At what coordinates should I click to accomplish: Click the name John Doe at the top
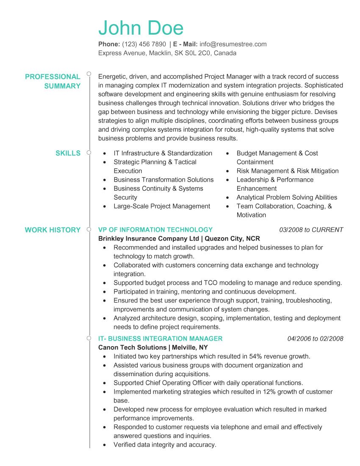(x=141, y=28)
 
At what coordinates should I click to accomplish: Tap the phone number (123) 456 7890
(x=144, y=44)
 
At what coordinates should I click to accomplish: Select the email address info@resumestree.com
(x=233, y=44)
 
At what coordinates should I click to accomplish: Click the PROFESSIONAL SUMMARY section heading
(x=53, y=81)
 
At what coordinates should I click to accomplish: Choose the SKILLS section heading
(x=68, y=153)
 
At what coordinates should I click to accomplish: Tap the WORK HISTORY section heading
(x=53, y=230)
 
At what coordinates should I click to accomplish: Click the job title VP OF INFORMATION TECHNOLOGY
(x=155, y=230)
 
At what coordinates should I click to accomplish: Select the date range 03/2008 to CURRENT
(x=311, y=230)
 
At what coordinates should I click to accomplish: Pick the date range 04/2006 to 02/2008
(x=315, y=339)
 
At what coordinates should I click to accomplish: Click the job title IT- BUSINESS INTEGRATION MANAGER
(x=160, y=339)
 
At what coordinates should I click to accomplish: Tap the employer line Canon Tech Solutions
(x=132, y=348)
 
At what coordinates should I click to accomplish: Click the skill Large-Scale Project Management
(x=162, y=206)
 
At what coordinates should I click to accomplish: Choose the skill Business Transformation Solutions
(x=163, y=180)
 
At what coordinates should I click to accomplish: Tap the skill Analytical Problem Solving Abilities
(x=287, y=197)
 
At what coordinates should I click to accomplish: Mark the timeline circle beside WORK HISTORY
(x=89, y=230)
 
